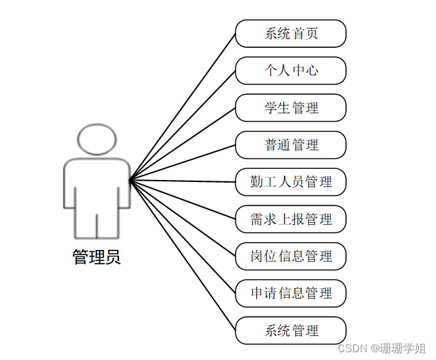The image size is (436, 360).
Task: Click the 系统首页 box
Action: (x=290, y=34)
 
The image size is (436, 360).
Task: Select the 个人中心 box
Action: (x=290, y=71)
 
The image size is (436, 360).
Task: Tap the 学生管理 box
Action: (x=290, y=107)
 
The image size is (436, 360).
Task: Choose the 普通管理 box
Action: (x=290, y=144)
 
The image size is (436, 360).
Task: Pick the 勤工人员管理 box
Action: (x=290, y=182)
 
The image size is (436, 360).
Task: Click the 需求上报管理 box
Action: (x=290, y=219)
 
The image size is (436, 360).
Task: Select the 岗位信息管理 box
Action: (x=290, y=256)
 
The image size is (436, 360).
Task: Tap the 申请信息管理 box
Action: (x=290, y=293)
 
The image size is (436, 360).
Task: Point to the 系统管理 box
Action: (x=290, y=330)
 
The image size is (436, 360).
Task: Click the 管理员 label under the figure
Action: (x=96, y=257)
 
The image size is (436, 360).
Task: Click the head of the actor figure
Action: (x=97, y=139)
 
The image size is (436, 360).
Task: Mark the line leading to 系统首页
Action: (x=183, y=106)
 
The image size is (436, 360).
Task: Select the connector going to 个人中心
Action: (x=183, y=125)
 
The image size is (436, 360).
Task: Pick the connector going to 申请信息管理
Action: (x=183, y=237)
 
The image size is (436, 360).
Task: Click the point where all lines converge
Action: (x=131, y=181)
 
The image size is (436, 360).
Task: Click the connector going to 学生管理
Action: (x=183, y=144)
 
